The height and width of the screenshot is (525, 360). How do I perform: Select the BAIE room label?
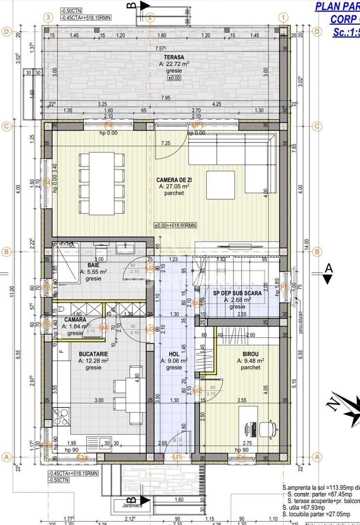point(94,265)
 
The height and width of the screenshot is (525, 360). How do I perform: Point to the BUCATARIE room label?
point(93,361)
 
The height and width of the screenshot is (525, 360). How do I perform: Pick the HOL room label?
point(174,354)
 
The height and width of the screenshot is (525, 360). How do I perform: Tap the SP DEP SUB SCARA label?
point(237,293)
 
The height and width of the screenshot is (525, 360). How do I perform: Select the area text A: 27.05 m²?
point(174,186)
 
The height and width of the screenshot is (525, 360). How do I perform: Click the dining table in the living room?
point(101,183)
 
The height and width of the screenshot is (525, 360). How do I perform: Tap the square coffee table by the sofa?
point(220,185)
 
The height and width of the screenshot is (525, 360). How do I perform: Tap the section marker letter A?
point(328,267)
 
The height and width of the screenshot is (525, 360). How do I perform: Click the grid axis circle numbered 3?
point(48,17)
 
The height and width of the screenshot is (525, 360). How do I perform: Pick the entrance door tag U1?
point(177,456)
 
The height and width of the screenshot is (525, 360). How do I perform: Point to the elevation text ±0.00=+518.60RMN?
point(175,225)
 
